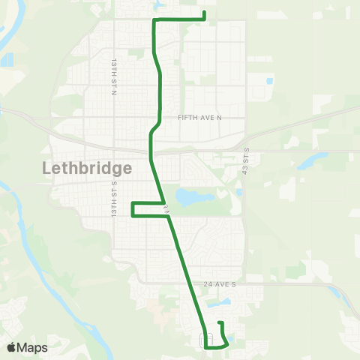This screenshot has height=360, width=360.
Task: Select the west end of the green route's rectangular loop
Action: pos(133,209)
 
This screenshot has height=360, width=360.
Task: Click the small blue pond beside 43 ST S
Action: pos(238,192)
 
